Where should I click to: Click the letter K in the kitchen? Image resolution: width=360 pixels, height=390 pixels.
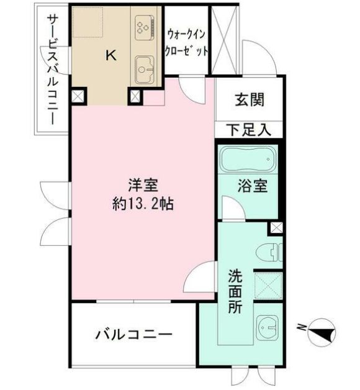point(110,55)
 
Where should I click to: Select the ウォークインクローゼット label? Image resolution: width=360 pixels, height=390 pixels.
point(186,41)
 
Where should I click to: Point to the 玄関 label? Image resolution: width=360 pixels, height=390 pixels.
point(250,100)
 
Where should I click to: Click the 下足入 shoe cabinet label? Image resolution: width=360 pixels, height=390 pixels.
point(248,130)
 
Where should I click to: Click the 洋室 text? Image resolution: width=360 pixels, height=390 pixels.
point(143,186)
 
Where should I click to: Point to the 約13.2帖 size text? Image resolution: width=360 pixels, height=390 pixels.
point(142,204)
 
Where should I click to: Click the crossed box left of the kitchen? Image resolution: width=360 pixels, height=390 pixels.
point(78,96)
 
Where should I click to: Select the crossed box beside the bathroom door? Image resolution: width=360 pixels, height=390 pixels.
point(276,229)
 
